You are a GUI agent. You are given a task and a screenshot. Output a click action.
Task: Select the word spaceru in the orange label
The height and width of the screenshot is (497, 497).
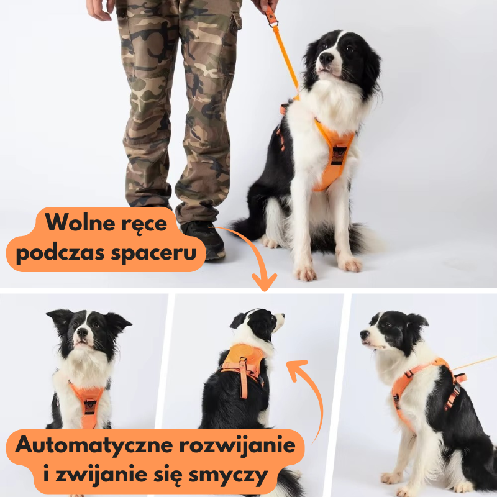click(153, 253)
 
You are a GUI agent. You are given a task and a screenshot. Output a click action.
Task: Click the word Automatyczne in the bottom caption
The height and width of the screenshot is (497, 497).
click(94, 445)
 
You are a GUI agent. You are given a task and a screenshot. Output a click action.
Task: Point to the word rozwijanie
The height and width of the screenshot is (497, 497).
click(237, 445)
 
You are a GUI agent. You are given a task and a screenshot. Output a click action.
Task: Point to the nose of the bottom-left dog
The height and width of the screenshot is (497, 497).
click(82, 332)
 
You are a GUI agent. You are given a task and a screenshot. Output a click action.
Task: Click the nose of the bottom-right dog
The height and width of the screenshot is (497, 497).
click(364, 334)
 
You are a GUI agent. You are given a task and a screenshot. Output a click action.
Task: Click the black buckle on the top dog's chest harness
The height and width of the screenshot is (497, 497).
click(339, 155)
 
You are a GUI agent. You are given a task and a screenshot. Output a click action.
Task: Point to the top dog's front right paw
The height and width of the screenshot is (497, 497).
click(305, 273)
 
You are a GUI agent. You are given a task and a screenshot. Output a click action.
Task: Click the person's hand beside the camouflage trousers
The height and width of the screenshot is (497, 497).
click(99, 9)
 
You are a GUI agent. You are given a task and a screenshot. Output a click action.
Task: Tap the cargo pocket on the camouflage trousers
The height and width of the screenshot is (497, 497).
click(235, 22)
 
